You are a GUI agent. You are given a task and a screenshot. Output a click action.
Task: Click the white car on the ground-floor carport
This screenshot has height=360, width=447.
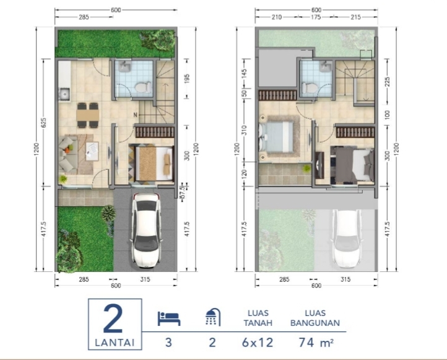coord(146,230)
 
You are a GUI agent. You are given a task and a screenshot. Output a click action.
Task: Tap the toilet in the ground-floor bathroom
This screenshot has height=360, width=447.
coord(143,87)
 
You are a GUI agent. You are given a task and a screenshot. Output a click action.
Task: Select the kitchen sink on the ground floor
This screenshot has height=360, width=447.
coord(64,94)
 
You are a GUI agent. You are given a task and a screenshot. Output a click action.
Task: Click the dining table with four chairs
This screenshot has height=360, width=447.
coord(87,115)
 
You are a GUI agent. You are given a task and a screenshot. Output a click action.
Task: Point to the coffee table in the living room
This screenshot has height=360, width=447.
coord(92,151)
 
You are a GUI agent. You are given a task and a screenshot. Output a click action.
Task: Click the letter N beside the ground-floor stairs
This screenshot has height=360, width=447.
coord(135,115)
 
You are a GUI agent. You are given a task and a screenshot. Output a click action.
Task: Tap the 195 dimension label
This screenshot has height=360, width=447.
coord(187,79)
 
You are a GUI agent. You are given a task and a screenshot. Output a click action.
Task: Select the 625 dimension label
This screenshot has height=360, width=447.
coord(44,123)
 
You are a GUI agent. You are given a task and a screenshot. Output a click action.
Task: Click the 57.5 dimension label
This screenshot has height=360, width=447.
coord(183,193)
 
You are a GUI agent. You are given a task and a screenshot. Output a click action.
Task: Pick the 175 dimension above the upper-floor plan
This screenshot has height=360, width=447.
coord(316,17)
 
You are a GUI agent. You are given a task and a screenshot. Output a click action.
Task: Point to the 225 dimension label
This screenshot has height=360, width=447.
coord(387,82)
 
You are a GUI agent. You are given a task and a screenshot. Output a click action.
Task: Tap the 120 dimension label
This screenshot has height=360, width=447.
coord(245,173)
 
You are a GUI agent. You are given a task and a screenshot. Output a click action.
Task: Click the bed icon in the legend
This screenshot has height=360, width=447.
coord(169,318)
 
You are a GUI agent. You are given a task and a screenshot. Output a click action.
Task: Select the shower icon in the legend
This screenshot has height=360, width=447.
coord(213,317)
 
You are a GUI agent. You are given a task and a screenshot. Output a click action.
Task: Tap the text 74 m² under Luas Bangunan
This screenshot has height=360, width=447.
coord(316,342)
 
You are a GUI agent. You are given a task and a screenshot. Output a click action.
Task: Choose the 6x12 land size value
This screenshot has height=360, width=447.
coord(258,342)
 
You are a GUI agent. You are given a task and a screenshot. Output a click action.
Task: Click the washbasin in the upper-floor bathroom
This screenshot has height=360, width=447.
coord(324,67)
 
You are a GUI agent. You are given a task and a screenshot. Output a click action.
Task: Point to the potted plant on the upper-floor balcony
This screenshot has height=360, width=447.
coord(306,169)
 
